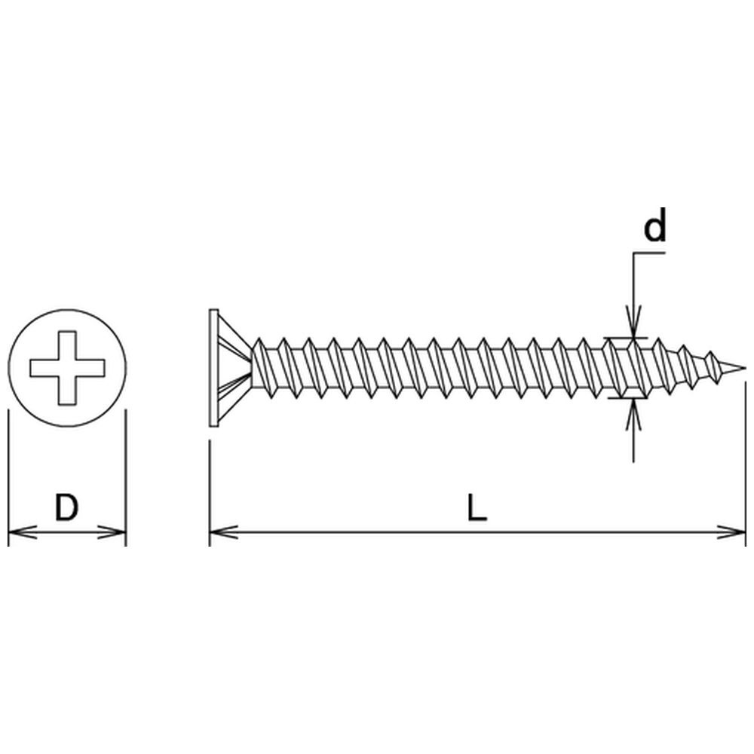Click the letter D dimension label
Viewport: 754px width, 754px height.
pos(66,507)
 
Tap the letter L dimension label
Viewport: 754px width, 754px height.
pos(477,507)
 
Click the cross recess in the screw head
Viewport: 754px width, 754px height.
pos(67,368)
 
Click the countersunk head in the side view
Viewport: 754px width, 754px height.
pos(230,368)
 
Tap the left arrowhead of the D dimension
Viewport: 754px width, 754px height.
pos(22,532)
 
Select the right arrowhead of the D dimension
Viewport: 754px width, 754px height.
pos(112,532)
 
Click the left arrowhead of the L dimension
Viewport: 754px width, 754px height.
pos(224,532)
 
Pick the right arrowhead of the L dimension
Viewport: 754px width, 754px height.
pos(732,532)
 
